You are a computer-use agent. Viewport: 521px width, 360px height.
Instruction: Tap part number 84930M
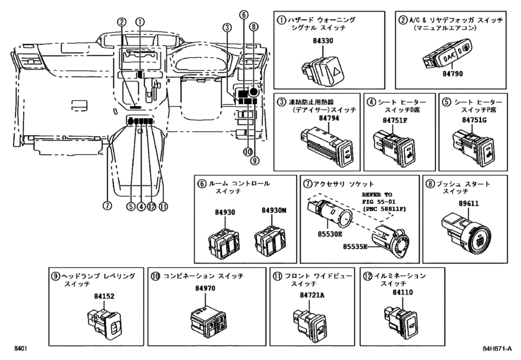274,210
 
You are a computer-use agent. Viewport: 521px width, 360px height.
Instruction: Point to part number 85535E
355,246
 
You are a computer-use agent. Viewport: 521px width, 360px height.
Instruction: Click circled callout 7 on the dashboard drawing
107,206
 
